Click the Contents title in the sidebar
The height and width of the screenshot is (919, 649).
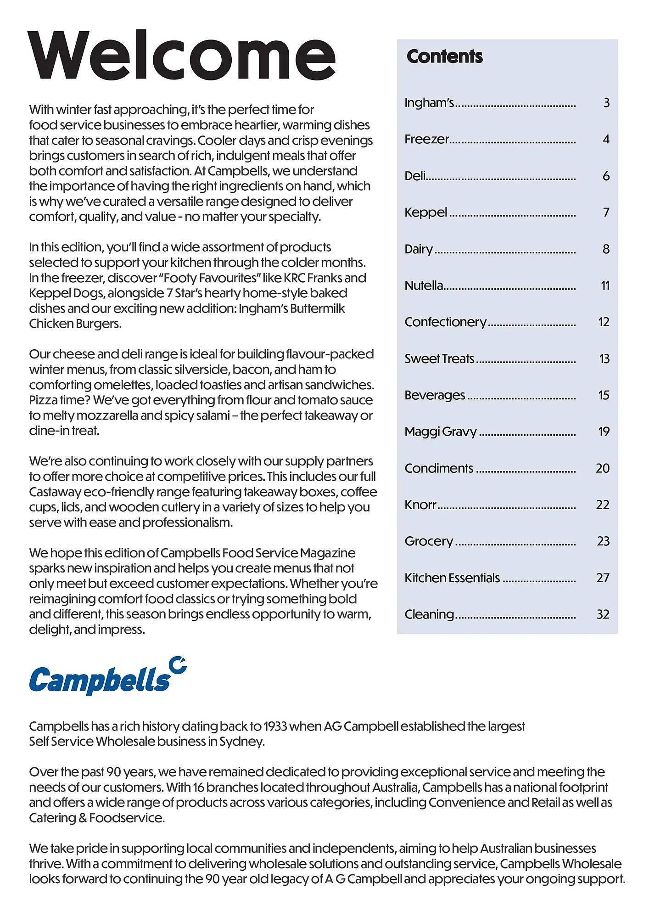444,57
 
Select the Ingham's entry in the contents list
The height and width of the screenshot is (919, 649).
429,102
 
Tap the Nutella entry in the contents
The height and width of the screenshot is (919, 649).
424,285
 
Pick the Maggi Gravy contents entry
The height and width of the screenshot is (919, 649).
440,431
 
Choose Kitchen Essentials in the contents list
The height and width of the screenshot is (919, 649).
452,578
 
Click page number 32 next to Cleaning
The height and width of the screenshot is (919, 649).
603,614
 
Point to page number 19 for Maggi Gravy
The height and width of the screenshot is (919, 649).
604,431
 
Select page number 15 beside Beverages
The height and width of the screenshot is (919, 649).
604,395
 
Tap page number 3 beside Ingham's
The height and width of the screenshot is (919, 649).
606,103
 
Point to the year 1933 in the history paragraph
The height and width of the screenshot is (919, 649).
275,726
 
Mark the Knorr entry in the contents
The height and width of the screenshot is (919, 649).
420,505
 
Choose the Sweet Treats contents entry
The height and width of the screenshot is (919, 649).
439,358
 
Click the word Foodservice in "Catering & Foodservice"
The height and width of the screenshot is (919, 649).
127,818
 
